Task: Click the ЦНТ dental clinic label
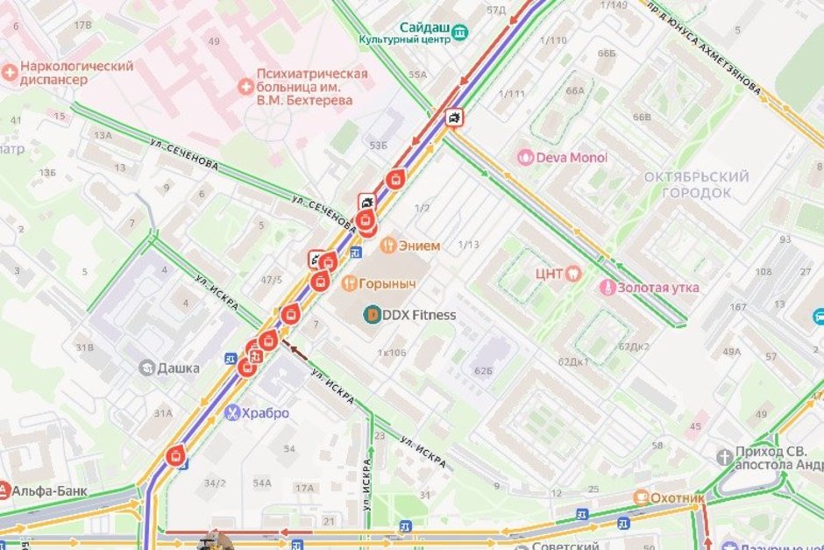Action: (549, 273)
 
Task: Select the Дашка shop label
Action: (178, 368)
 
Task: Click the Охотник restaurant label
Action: (678, 498)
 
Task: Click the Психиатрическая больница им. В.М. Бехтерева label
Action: (311, 87)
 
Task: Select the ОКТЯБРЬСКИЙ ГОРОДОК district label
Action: (696, 184)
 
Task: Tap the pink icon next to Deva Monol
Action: (525, 158)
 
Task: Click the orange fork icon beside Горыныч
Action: (348, 283)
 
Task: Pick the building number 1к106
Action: (391, 353)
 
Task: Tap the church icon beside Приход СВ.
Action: (724, 457)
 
